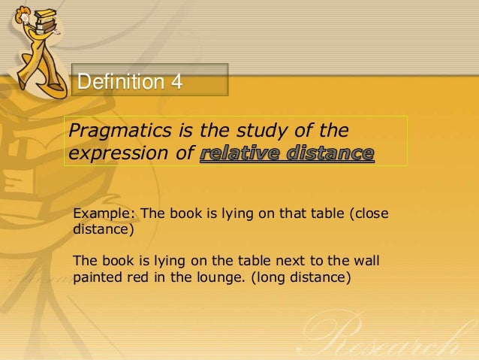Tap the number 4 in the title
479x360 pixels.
point(176,81)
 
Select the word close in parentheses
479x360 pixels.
point(371,213)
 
